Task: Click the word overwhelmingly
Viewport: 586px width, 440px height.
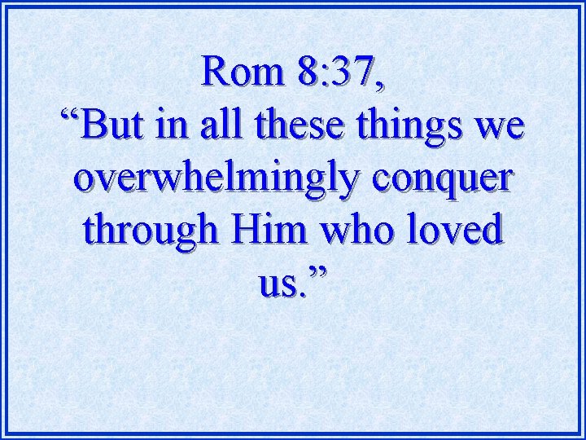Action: tap(212, 179)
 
